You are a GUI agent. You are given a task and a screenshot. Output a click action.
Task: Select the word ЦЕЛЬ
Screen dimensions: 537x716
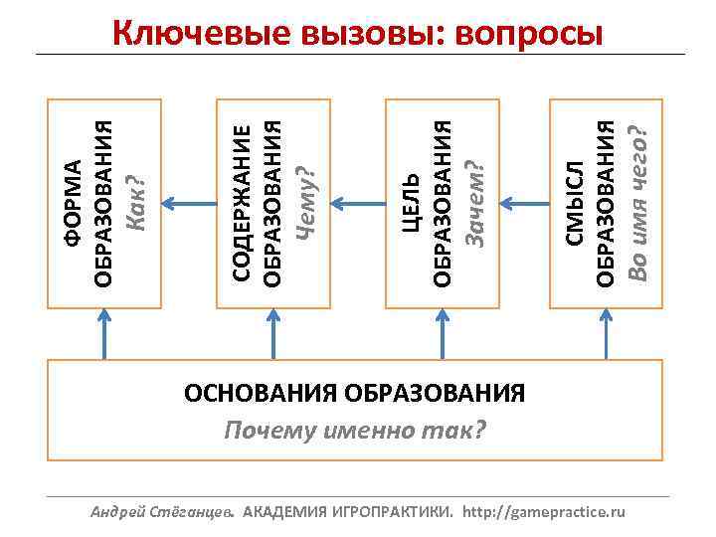pyautogui.click(x=410, y=204)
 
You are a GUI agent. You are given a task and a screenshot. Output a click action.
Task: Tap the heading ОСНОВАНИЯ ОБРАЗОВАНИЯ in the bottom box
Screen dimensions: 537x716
pyautogui.click(x=354, y=392)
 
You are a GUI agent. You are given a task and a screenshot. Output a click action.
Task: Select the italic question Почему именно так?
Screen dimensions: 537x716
pyautogui.click(x=354, y=431)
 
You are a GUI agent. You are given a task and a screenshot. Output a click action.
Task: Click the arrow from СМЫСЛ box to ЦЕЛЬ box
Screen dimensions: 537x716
pyautogui.click(x=520, y=204)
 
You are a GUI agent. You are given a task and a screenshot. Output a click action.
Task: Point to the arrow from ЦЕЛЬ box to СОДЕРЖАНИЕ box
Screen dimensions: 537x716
pyautogui.click(x=352, y=204)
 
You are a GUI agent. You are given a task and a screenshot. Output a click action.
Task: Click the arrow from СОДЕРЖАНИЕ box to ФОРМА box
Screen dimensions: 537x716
pyautogui.click(x=184, y=204)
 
